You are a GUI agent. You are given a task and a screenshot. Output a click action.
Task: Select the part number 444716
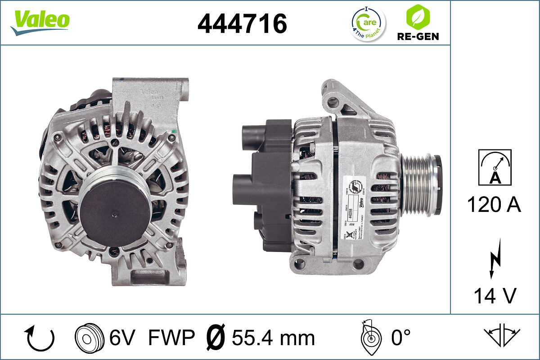tap(242, 23)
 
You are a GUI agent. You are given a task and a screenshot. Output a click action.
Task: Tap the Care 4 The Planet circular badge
tap(368, 23)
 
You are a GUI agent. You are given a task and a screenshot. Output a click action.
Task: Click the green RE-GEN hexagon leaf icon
tap(417, 17)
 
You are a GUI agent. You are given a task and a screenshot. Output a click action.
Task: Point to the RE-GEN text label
tap(417, 36)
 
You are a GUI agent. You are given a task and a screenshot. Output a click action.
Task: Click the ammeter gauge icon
tap(495, 167)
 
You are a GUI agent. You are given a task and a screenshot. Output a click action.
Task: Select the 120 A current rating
tap(494, 205)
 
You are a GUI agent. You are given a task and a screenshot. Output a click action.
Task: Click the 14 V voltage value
tap(494, 296)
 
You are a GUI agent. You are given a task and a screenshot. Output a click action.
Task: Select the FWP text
tap(171, 337)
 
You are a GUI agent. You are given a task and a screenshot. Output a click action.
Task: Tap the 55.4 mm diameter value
tap(273, 337)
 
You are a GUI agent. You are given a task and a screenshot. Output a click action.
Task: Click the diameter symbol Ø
tap(215, 337)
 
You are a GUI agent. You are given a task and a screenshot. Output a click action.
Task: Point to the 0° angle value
tap(400, 337)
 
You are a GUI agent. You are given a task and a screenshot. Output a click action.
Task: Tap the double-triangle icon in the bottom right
tap(501, 335)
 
